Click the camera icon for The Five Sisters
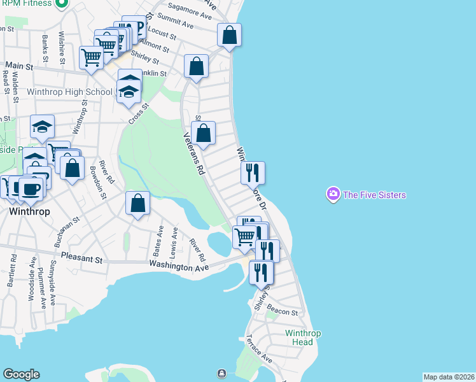333,194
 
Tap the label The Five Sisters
374,195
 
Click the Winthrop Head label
303,338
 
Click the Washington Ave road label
179,267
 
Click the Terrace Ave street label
259,350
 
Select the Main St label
19,65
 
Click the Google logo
21,374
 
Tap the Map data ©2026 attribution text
449,377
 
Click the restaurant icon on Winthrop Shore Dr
253,171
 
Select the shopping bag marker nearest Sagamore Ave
229,36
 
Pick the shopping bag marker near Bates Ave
137,204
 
